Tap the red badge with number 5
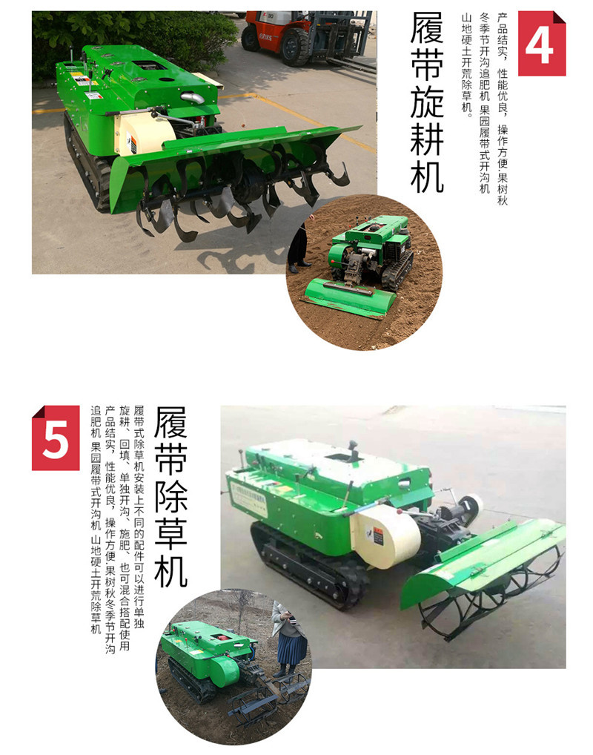56,438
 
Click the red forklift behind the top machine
308,36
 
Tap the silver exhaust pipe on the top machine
193,98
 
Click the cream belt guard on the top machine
144,133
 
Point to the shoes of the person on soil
300,266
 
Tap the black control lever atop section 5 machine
354,450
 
